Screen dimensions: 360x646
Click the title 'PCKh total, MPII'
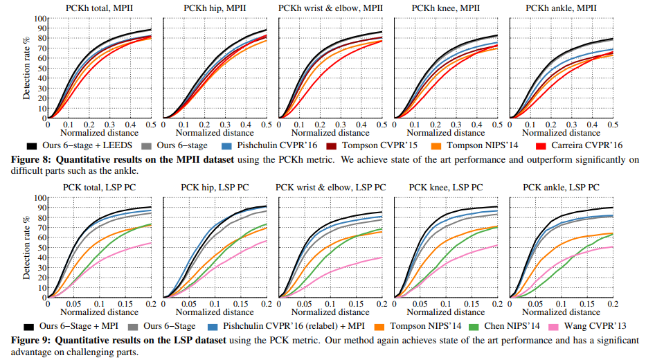point(100,7)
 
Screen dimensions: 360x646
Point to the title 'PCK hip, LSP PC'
point(215,187)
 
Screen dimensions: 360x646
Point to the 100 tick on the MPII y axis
point(41,19)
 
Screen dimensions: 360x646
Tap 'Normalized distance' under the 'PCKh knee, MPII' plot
point(445,132)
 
